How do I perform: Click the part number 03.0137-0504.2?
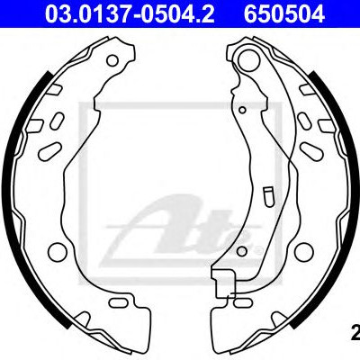pyautogui.click(x=130, y=14)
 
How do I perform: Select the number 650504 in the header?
pyautogui.click(x=284, y=14)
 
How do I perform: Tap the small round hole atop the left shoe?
pyautogui.click(x=112, y=60)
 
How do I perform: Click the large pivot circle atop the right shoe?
pyautogui.click(x=248, y=59)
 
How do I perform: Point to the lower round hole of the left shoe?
pyautogui.click(x=57, y=251)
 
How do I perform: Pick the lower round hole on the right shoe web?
pyautogui.click(x=304, y=251)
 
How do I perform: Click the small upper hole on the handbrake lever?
pyautogui.click(x=243, y=110)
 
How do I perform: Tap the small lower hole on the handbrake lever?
pyautogui.click(x=242, y=251)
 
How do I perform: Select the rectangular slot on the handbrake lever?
pyautogui.click(x=267, y=196)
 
